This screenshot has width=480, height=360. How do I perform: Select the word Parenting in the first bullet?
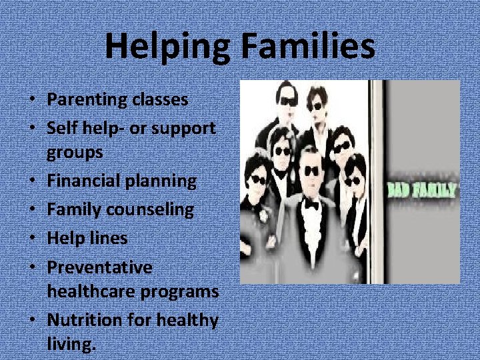(x=86, y=100)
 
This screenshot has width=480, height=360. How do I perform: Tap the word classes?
(x=159, y=100)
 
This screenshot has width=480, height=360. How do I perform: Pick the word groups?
(x=75, y=152)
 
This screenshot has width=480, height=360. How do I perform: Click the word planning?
(x=166, y=181)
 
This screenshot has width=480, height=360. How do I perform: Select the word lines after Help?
(x=107, y=238)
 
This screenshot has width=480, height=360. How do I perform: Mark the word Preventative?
(x=99, y=267)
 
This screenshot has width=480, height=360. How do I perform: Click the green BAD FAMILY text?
(x=423, y=191)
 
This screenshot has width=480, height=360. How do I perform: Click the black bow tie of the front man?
(x=310, y=204)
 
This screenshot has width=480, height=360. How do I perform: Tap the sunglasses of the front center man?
(x=310, y=171)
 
